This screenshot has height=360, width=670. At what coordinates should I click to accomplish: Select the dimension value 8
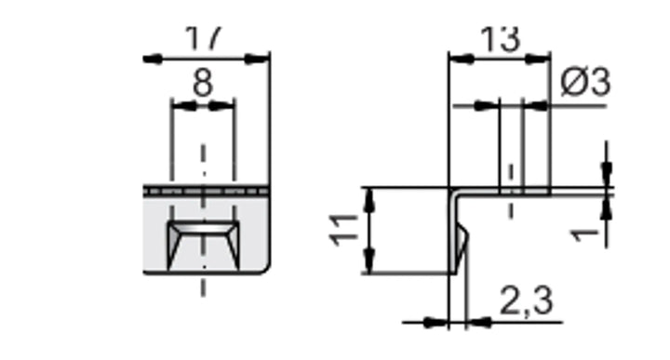(202, 83)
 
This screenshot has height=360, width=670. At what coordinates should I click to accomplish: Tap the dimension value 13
(500, 39)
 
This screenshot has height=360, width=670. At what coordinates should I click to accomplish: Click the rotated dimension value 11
(343, 229)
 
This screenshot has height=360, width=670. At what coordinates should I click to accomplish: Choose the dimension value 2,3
(526, 300)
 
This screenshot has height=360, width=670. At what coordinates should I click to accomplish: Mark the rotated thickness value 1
(585, 229)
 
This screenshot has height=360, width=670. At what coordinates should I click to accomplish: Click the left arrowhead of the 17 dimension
(154, 59)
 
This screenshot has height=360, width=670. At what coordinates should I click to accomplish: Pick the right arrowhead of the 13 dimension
(541, 59)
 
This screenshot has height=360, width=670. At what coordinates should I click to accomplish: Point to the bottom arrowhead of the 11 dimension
(370, 263)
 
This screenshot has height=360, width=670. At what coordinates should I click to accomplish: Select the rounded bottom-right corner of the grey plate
(264, 268)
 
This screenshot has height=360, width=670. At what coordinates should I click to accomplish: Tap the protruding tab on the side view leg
(462, 244)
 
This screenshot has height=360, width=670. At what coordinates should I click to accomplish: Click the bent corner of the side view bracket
(453, 193)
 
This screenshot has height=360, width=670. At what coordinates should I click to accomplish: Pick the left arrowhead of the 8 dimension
(181, 105)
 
